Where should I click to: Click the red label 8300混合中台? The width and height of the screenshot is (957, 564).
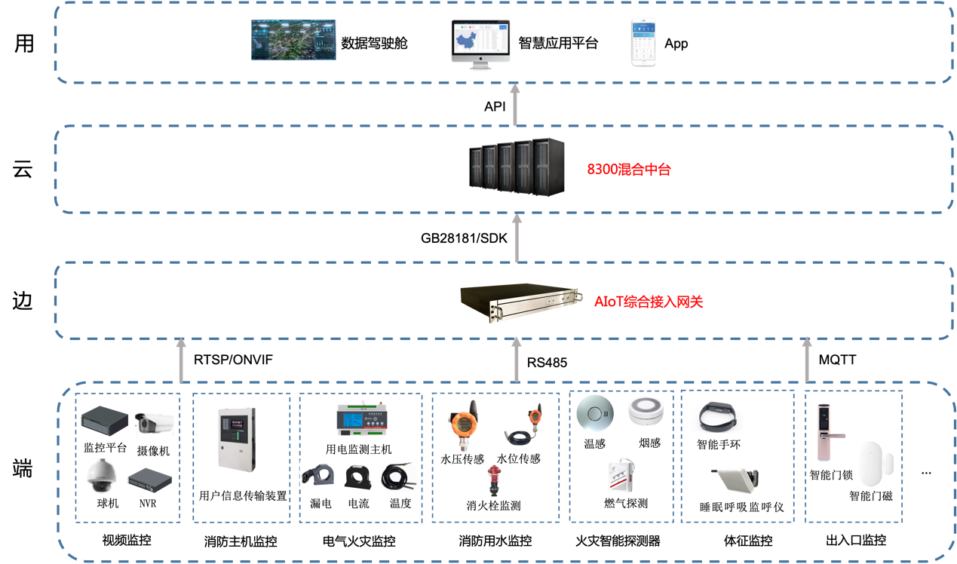pos(628,170)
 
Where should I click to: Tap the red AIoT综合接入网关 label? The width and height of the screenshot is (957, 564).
pos(648,302)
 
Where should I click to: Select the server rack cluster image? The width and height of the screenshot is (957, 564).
pos(517,167)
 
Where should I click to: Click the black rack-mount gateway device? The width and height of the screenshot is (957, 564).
pos(521,302)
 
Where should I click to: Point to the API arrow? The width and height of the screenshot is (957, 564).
pos(515,105)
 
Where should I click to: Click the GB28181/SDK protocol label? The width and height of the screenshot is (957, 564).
pos(464,238)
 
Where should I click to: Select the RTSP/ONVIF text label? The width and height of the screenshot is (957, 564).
pos(233,360)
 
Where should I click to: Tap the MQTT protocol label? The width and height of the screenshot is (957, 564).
pos(837,360)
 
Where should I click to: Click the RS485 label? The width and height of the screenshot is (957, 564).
pos(547,363)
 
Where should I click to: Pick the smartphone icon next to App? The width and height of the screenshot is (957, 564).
pos(643,42)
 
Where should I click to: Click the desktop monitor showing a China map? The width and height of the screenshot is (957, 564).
pos(480,44)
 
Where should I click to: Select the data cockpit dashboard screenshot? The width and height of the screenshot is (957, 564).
pos(293,40)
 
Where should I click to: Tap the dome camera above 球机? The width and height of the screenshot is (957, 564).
pos(101,477)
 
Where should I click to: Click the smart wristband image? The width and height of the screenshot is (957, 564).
pos(717,416)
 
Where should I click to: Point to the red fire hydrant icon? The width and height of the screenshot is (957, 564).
pos(494,480)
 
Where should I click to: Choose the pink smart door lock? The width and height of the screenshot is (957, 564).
pos(827,432)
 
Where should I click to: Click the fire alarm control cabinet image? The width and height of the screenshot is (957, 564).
pos(237,440)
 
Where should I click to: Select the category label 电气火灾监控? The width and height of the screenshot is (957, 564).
pos(359,541)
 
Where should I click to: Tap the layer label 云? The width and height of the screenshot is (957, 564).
pos(23,170)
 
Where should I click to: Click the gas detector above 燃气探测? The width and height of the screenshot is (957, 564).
pos(621,476)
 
